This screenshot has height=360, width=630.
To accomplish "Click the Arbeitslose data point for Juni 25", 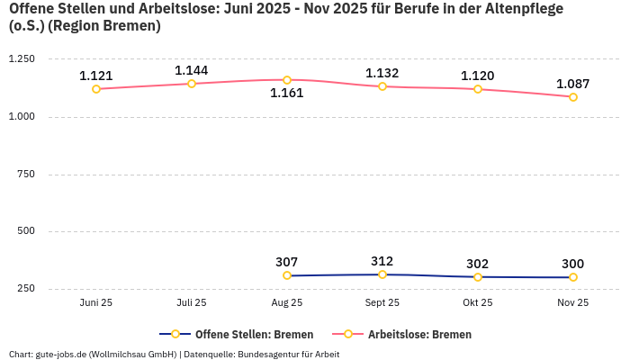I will tap(96, 89).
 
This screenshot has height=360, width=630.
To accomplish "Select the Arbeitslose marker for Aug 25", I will tap(287, 80).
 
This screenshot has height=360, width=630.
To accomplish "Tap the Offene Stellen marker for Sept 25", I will tap(382, 274).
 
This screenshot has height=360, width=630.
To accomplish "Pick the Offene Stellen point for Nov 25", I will tap(573, 277).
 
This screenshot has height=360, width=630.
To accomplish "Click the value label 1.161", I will tap(287, 93).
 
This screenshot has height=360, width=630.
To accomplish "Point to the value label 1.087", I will tap(573, 84).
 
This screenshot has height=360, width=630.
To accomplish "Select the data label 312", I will tap(382, 261).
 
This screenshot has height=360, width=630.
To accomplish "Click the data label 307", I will tap(287, 262).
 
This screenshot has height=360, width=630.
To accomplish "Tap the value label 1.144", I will tap(192, 70).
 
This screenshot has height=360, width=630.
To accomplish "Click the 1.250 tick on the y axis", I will tap(21, 59).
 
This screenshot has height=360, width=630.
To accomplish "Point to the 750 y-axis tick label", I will tap(26, 174).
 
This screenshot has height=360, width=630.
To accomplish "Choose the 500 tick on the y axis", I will tap(26, 231).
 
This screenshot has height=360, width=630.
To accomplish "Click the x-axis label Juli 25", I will tap(192, 303).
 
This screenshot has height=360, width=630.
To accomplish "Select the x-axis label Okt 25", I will tap(478, 303).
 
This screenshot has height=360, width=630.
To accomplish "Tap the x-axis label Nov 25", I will tap(573, 303).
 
